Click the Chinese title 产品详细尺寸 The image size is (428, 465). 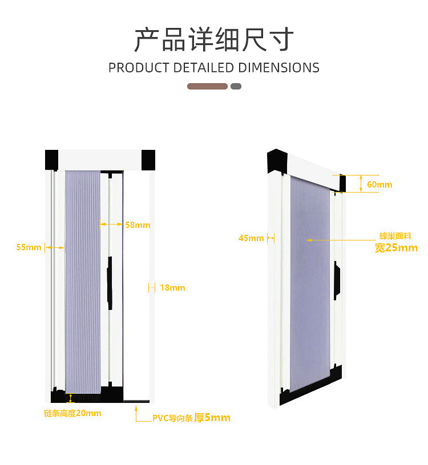(214, 39)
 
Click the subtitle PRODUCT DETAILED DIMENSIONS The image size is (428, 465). (214, 68)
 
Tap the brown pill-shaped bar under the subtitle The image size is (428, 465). (207, 87)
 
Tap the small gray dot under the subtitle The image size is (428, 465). (236, 87)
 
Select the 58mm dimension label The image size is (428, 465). (138, 225)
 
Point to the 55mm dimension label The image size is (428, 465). (29, 247)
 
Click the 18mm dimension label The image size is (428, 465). (172, 288)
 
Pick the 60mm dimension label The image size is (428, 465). (379, 185)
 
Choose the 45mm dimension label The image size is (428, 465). (251, 238)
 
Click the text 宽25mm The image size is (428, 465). (396, 248)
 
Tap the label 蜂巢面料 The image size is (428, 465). (395, 236)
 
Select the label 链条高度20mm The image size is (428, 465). (72, 413)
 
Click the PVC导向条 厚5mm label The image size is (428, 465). (191, 418)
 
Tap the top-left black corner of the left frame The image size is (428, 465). (52, 159)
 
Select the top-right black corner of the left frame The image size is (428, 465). (148, 159)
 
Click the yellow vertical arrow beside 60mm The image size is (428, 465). (361, 183)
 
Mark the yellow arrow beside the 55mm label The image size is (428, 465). (55, 247)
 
